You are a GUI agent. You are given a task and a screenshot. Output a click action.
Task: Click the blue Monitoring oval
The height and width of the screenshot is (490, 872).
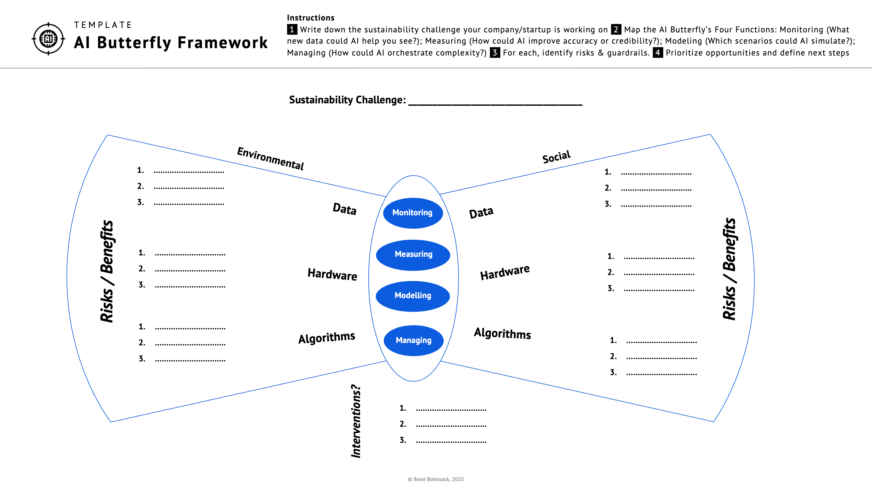(x=413, y=213)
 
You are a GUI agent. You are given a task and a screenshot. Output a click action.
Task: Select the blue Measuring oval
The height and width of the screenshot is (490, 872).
(x=413, y=255)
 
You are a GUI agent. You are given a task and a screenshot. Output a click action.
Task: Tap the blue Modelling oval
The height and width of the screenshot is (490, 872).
(x=413, y=296)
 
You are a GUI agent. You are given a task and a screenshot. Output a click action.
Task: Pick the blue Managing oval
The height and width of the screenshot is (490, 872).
(x=413, y=340)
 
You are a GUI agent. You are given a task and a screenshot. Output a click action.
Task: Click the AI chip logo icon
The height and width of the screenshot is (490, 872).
(x=48, y=39)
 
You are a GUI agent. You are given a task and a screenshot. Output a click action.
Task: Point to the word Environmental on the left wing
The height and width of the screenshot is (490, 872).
(x=270, y=158)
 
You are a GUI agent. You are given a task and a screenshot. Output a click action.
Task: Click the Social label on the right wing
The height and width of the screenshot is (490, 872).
(x=556, y=157)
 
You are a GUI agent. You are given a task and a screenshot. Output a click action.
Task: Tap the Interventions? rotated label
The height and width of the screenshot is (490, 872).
(x=356, y=421)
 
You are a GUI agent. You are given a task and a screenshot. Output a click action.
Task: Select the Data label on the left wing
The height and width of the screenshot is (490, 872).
(x=345, y=209)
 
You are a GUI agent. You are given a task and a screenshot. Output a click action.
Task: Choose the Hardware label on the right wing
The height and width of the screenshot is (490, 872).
(x=505, y=272)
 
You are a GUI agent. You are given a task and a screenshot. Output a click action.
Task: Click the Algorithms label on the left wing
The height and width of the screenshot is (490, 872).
(x=327, y=337)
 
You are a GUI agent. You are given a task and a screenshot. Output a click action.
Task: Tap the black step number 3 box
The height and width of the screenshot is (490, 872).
(x=495, y=53)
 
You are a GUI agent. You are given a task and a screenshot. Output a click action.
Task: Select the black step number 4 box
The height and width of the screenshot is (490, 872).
(x=657, y=53)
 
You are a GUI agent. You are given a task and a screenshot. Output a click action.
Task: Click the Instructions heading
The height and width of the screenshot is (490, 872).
(x=310, y=18)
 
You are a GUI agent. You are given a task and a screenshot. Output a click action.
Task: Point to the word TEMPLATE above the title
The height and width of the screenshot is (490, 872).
(x=103, y=25)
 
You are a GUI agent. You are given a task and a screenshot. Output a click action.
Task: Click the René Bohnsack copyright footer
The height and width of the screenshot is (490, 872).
(x=436, y=479)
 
